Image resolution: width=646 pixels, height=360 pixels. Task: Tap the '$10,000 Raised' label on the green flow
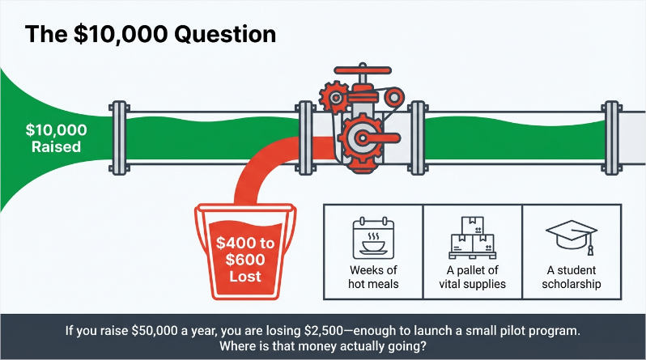coord(55,138)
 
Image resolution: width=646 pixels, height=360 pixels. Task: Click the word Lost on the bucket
coord(244,276)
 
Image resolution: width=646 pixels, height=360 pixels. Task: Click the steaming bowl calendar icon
coord(373,235)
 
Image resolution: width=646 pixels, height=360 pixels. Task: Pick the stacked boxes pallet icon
coord(472,235)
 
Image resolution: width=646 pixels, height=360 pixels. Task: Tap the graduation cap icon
coord(571,234)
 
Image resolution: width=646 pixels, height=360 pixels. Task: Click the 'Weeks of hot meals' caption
coord(373,277)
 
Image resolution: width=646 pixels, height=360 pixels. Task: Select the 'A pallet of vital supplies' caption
coord(472,277)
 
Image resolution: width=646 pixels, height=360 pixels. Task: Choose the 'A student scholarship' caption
coord(571,277)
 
